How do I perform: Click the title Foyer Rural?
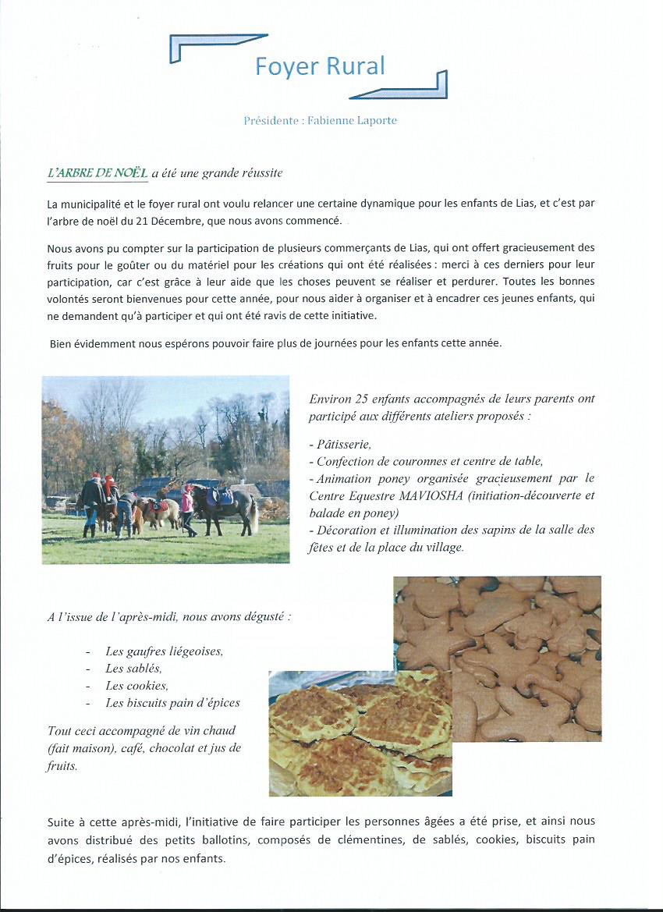tap(320, 67)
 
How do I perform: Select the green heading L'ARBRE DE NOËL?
tap(97, 172)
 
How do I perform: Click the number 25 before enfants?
tap(363, 399)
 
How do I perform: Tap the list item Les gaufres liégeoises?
tap(164, 651)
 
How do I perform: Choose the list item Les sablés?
tap(133, 669)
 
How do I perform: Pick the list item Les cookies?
tap(136, 686)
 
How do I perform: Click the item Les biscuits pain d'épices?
tap(172, 703)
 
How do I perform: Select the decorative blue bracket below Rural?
tap(406, 87)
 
